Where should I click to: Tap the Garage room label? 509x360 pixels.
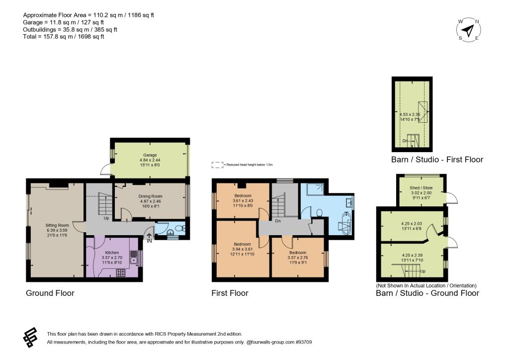coord(150,155)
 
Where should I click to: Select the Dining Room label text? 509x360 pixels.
coord(150,196)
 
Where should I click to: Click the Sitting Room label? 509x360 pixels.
coord(57,225)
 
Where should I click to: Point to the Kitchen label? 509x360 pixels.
coord(112,253)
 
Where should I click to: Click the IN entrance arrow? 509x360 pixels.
coord(149,236)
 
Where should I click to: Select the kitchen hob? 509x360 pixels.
coord(121,273)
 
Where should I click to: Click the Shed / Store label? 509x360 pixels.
coord(421,187)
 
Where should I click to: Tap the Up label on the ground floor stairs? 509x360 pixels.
coord(106,218)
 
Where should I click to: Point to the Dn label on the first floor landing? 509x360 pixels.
coord(278,221)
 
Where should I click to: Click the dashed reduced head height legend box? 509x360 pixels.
coord(218,165)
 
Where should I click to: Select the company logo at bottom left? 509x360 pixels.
coord(30,337)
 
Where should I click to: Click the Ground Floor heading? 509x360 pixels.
coord(50,293)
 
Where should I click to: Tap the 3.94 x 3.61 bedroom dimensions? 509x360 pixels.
coord(242,249)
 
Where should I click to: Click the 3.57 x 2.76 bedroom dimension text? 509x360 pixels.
coord(298,258)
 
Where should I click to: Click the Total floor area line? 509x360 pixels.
coord(64,37)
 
